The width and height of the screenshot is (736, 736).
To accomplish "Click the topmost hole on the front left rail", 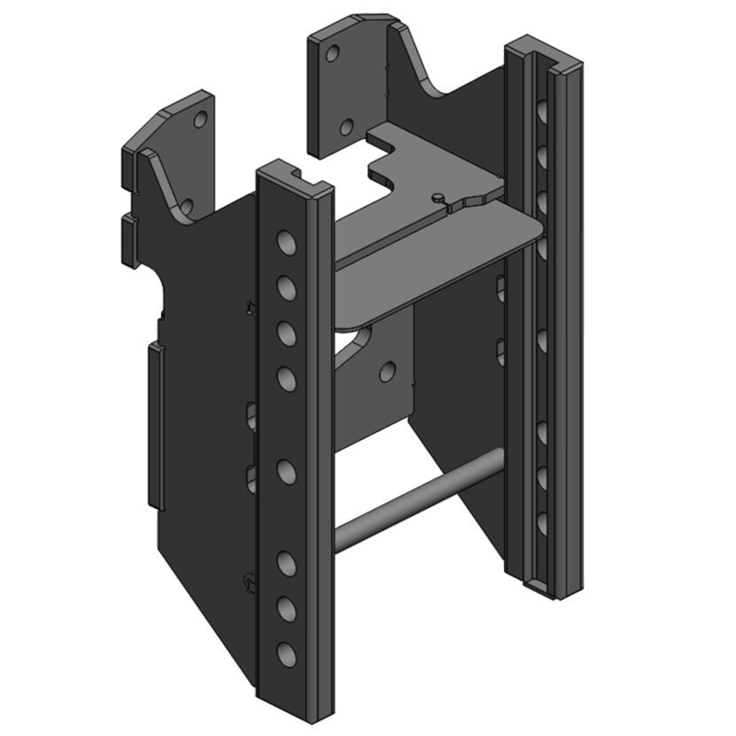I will coord(285,244).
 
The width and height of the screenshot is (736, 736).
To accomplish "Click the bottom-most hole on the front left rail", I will coord(286,654).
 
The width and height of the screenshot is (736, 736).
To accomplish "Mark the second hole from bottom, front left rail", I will coord(286,608).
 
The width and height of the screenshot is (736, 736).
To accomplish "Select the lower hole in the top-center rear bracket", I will coord(347,128).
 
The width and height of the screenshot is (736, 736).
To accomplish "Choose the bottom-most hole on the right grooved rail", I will coord(542,520).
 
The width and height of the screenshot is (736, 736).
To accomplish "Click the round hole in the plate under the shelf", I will coord(387,371).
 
